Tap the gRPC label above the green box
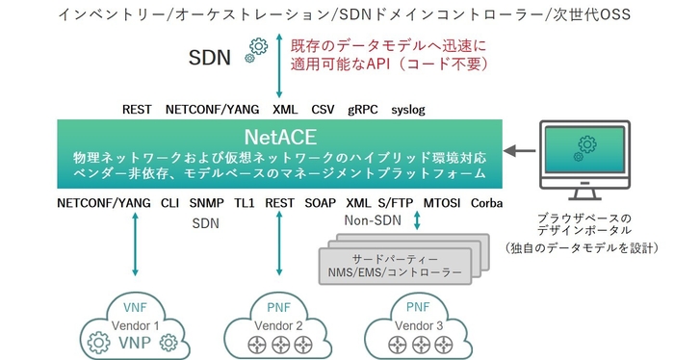pyautogui.click(x=365, y=110)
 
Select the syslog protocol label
pyautogui.click(x=408, y=110)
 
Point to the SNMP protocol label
pyautogui.click(x=206, y=203)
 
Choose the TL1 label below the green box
pyautogui.click(x=244, y=203)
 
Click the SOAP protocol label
pyautogui.click(x=320, y=203)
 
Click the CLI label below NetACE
pyautogui.click(x=169, y=203)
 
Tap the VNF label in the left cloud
pyautogui.click(x=128, y=307)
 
